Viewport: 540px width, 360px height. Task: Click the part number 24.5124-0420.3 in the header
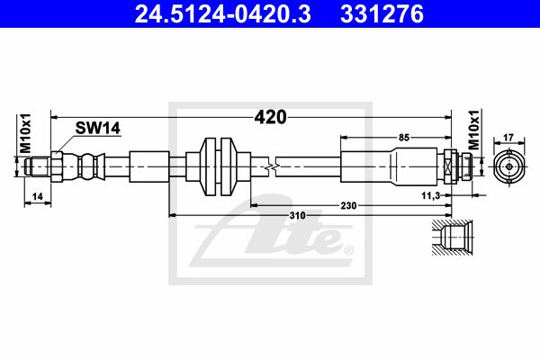pos(223,14)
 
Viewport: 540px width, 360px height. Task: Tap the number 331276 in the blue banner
pos(382,14)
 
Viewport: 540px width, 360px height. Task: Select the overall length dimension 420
pos(270,117)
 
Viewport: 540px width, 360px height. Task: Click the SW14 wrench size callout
pos(98,128)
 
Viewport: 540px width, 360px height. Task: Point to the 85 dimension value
pos(403,138)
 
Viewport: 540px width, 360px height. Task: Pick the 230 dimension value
pos(348,206)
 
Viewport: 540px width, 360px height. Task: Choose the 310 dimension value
pos(298,216)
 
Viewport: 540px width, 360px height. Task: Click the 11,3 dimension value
pos(431,195)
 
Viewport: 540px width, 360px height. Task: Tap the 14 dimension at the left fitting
pos(37,196)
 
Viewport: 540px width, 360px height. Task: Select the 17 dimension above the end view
pos(508,138)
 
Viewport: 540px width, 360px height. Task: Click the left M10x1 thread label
pos(25,133)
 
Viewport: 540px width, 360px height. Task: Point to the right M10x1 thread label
pos(474,130)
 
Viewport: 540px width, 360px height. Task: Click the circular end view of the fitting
pos(509,167)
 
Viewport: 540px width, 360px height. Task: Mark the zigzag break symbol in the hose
pos(272,167)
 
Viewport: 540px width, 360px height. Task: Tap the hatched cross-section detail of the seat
pos(452,238)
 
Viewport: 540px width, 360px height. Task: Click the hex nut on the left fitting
pos(56,166)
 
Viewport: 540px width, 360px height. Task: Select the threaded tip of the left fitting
pos(38,166)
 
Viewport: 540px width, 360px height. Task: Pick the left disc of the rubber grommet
pos(208,166)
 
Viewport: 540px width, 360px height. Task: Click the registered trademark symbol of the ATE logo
pos(348,250)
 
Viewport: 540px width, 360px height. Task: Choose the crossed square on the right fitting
pos(448,167)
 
